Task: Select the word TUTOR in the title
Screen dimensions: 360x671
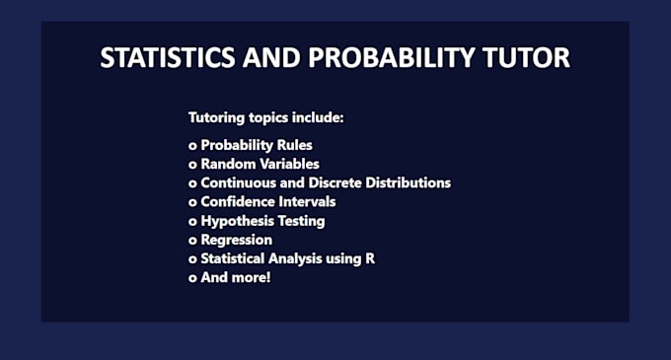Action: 531,57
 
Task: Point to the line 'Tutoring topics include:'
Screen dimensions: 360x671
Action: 265,118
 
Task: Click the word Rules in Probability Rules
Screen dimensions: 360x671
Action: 294,145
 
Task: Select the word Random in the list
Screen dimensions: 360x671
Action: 226,164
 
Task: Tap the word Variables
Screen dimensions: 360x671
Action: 287,164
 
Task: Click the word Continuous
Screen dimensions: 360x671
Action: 238,182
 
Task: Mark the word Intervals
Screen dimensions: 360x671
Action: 308,201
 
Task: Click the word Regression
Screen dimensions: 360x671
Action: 237,240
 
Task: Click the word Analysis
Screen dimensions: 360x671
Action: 296,258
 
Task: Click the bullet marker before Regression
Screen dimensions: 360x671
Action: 192,240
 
